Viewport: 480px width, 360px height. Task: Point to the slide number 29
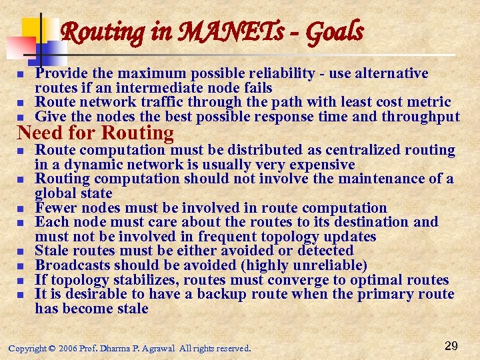pyautogui.click(x=451, y=345)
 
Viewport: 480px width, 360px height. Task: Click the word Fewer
pyautogui.click(x=57, y=208)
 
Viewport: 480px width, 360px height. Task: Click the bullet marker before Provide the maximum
pyautogui.click(x=21, y=74)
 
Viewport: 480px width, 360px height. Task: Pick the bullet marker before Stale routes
pyautogui.click(x=21, y=251)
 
